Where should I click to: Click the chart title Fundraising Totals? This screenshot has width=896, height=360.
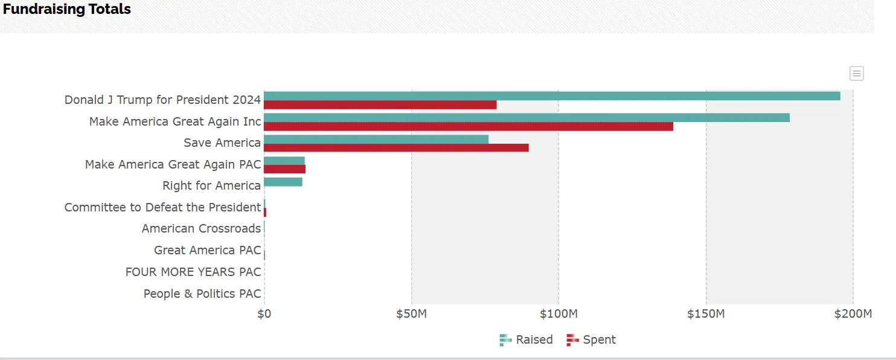tap(67, 9)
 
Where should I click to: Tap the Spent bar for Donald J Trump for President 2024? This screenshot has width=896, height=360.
tap(380, 105)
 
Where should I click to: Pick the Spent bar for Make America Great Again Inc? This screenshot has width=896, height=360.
tap(469, 126)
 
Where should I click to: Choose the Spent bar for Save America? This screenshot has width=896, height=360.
tap(396, 148)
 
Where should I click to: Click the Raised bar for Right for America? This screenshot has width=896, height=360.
tap(283, 182)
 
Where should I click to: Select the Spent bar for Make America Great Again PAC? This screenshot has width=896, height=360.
tap(284, 169)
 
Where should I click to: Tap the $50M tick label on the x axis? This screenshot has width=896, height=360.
tap(411, 314)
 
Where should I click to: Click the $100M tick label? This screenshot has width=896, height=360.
tap(558, 314)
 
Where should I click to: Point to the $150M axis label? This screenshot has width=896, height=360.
tap(706, 314)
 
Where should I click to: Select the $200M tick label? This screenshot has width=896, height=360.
tap(853, 314)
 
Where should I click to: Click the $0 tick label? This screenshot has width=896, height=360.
tap(264, 314)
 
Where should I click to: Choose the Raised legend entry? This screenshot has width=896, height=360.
tap(526, 340)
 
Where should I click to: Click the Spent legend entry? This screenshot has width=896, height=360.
tap(592, 340)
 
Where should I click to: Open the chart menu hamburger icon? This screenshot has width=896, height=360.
tap(856, 74)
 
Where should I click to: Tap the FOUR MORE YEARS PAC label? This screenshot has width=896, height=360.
tap(193, 272)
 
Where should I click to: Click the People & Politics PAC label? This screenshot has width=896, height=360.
tap(202, 294)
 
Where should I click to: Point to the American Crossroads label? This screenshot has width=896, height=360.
tap(201, 228)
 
